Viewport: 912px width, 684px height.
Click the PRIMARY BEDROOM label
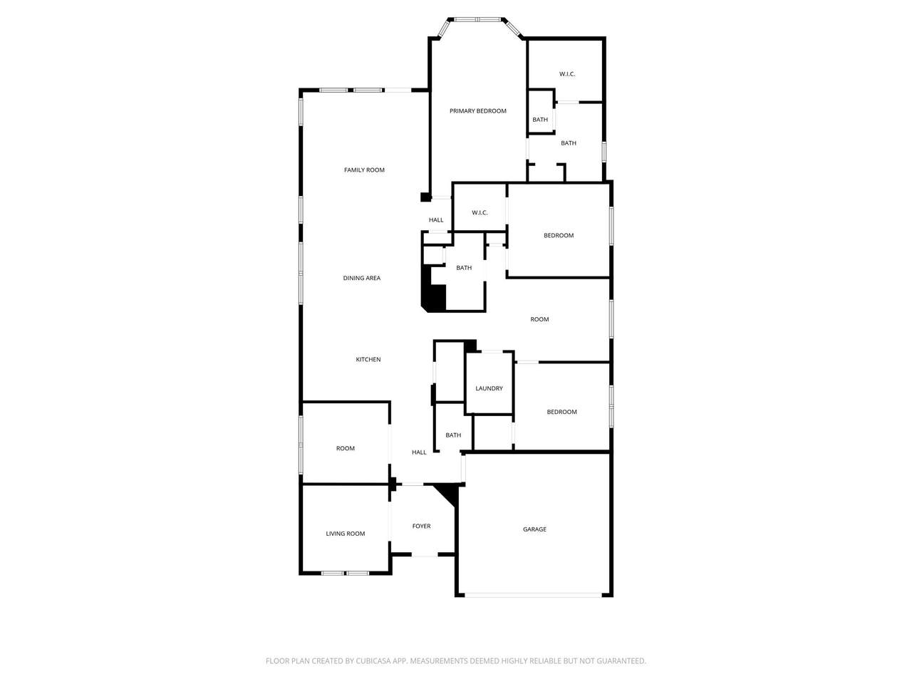[478, 111]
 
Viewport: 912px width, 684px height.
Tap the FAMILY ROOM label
[364, 170]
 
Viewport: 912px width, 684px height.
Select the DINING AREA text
[361, 278]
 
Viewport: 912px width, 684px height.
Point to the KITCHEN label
[368, 359]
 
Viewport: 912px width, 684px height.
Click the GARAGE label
[534, 529]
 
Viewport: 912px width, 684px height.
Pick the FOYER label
[421, 526]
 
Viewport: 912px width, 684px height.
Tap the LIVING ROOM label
[346, 534]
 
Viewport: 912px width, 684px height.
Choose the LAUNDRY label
[489, 388]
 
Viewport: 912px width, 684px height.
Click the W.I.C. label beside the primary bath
[567, 74]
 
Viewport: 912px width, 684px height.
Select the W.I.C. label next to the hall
[480, 212]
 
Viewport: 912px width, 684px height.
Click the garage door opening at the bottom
[533, 595]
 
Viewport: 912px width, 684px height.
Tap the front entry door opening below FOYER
[425, 554]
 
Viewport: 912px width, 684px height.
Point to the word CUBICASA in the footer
[373, 660]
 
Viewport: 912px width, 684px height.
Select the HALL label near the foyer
[419, 452]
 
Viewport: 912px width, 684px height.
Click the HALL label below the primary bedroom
[436, 219]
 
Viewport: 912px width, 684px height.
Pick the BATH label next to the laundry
[453, 435]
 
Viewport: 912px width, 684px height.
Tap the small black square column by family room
[425, 197]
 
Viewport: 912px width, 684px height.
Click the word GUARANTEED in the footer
[621, 660]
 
